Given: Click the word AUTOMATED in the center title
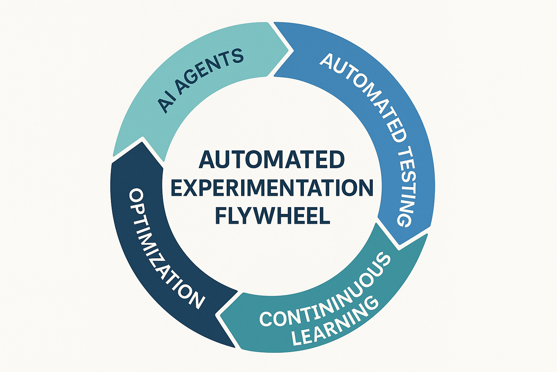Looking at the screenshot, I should [272, 160].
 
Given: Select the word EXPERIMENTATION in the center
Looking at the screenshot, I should [272, 188].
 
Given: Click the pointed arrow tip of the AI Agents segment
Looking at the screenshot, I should [292, 49].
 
